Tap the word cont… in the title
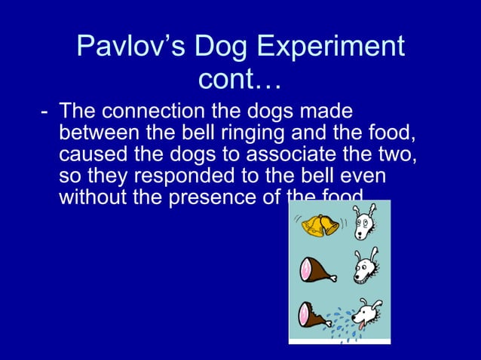click(x=240, y=79)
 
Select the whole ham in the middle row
click(x=317, y=268)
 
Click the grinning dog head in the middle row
click(x=366, y=265)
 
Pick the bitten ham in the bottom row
click(x=314, y=314)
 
